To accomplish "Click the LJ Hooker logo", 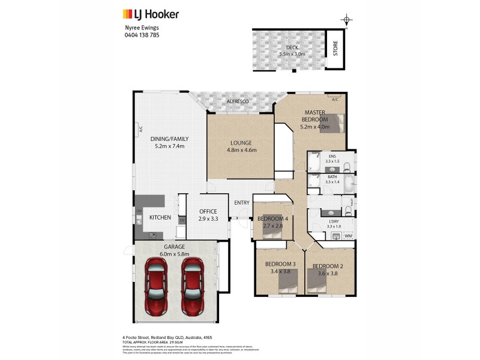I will pyautogui.click(x=151, y=14).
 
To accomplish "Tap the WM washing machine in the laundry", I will pyautogui.click(x=347, y=236).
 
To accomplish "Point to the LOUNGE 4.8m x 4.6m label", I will pyautogui.click(x=241, y=146).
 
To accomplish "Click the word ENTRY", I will pyautogui.click(x=242, y=203).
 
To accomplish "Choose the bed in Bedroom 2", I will pyautogui.click(x=318, y=281).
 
